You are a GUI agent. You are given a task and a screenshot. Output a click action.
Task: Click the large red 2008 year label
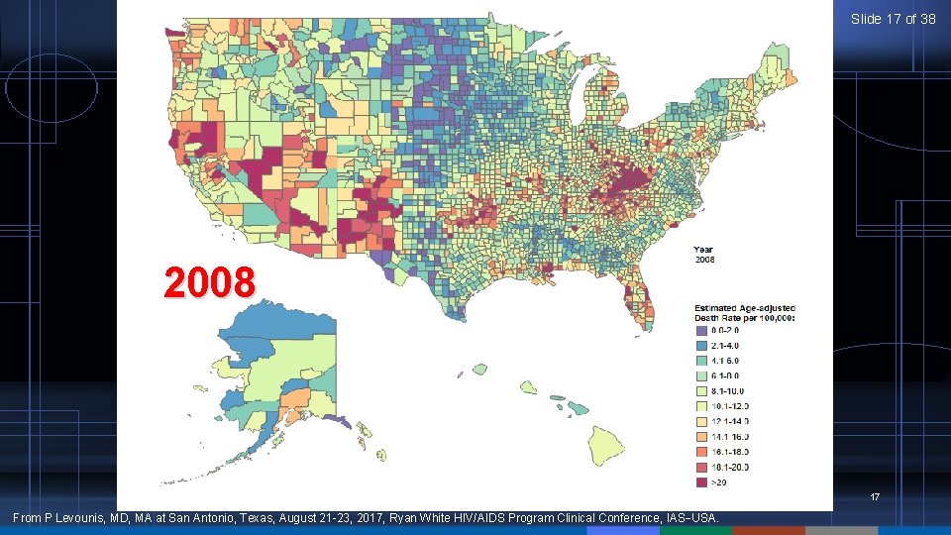tap(210, 283)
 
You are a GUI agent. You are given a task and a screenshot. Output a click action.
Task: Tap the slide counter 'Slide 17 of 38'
tap(893, 19)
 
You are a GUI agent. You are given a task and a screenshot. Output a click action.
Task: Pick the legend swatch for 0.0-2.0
tap(701, 331)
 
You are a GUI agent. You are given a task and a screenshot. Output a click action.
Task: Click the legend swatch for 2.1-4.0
tap(701, 346)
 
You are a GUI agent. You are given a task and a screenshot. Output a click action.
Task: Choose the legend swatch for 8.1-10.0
tap(701, 391)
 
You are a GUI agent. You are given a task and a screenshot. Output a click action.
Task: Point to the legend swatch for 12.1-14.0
tap(701, 422)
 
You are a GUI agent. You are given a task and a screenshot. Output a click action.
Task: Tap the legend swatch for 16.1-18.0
tap(701, 453)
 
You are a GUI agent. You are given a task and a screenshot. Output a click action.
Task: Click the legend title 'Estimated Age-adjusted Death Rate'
tap(744, 311)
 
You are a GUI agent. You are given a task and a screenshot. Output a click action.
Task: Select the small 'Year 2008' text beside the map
tap(703, 255)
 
